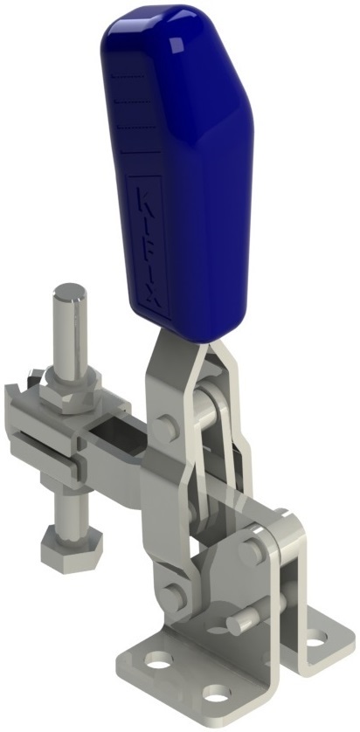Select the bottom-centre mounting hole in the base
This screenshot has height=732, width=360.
tap(215, 695)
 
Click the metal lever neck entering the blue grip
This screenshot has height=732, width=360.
tap(171, 345)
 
